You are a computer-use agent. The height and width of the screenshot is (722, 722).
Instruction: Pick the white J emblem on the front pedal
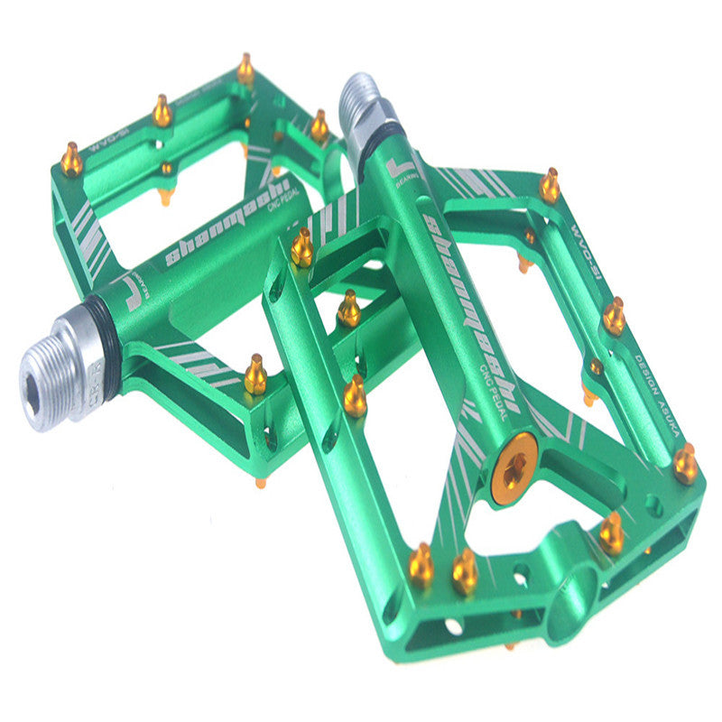pos(400,168)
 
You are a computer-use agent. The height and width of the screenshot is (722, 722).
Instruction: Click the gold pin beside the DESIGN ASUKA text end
pos(685,464)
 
